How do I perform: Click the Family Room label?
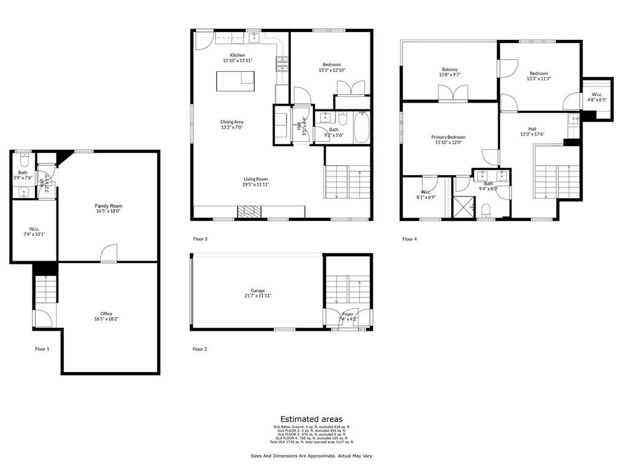click(x=108, y=206)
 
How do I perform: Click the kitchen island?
click(x=235, y=81)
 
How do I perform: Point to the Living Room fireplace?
click(x=249, y=212)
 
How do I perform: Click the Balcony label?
click(x=449, y=69)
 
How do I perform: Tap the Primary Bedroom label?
click(x=448, y=137)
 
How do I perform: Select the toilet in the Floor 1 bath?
click(x=23, y=161)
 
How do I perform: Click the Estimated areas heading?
click(x=311, y=419)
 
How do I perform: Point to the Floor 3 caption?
click(x=200, y=239)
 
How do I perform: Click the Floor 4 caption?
click(x=409, y=239)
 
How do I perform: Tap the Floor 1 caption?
click(x=42, y=349)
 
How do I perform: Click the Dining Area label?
click(x=232, y=122)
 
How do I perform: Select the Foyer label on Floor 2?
click(x=348, y=314)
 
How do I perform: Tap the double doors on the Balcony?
click(x=450, y=93)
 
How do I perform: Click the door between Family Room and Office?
click(x=109, y=254)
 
